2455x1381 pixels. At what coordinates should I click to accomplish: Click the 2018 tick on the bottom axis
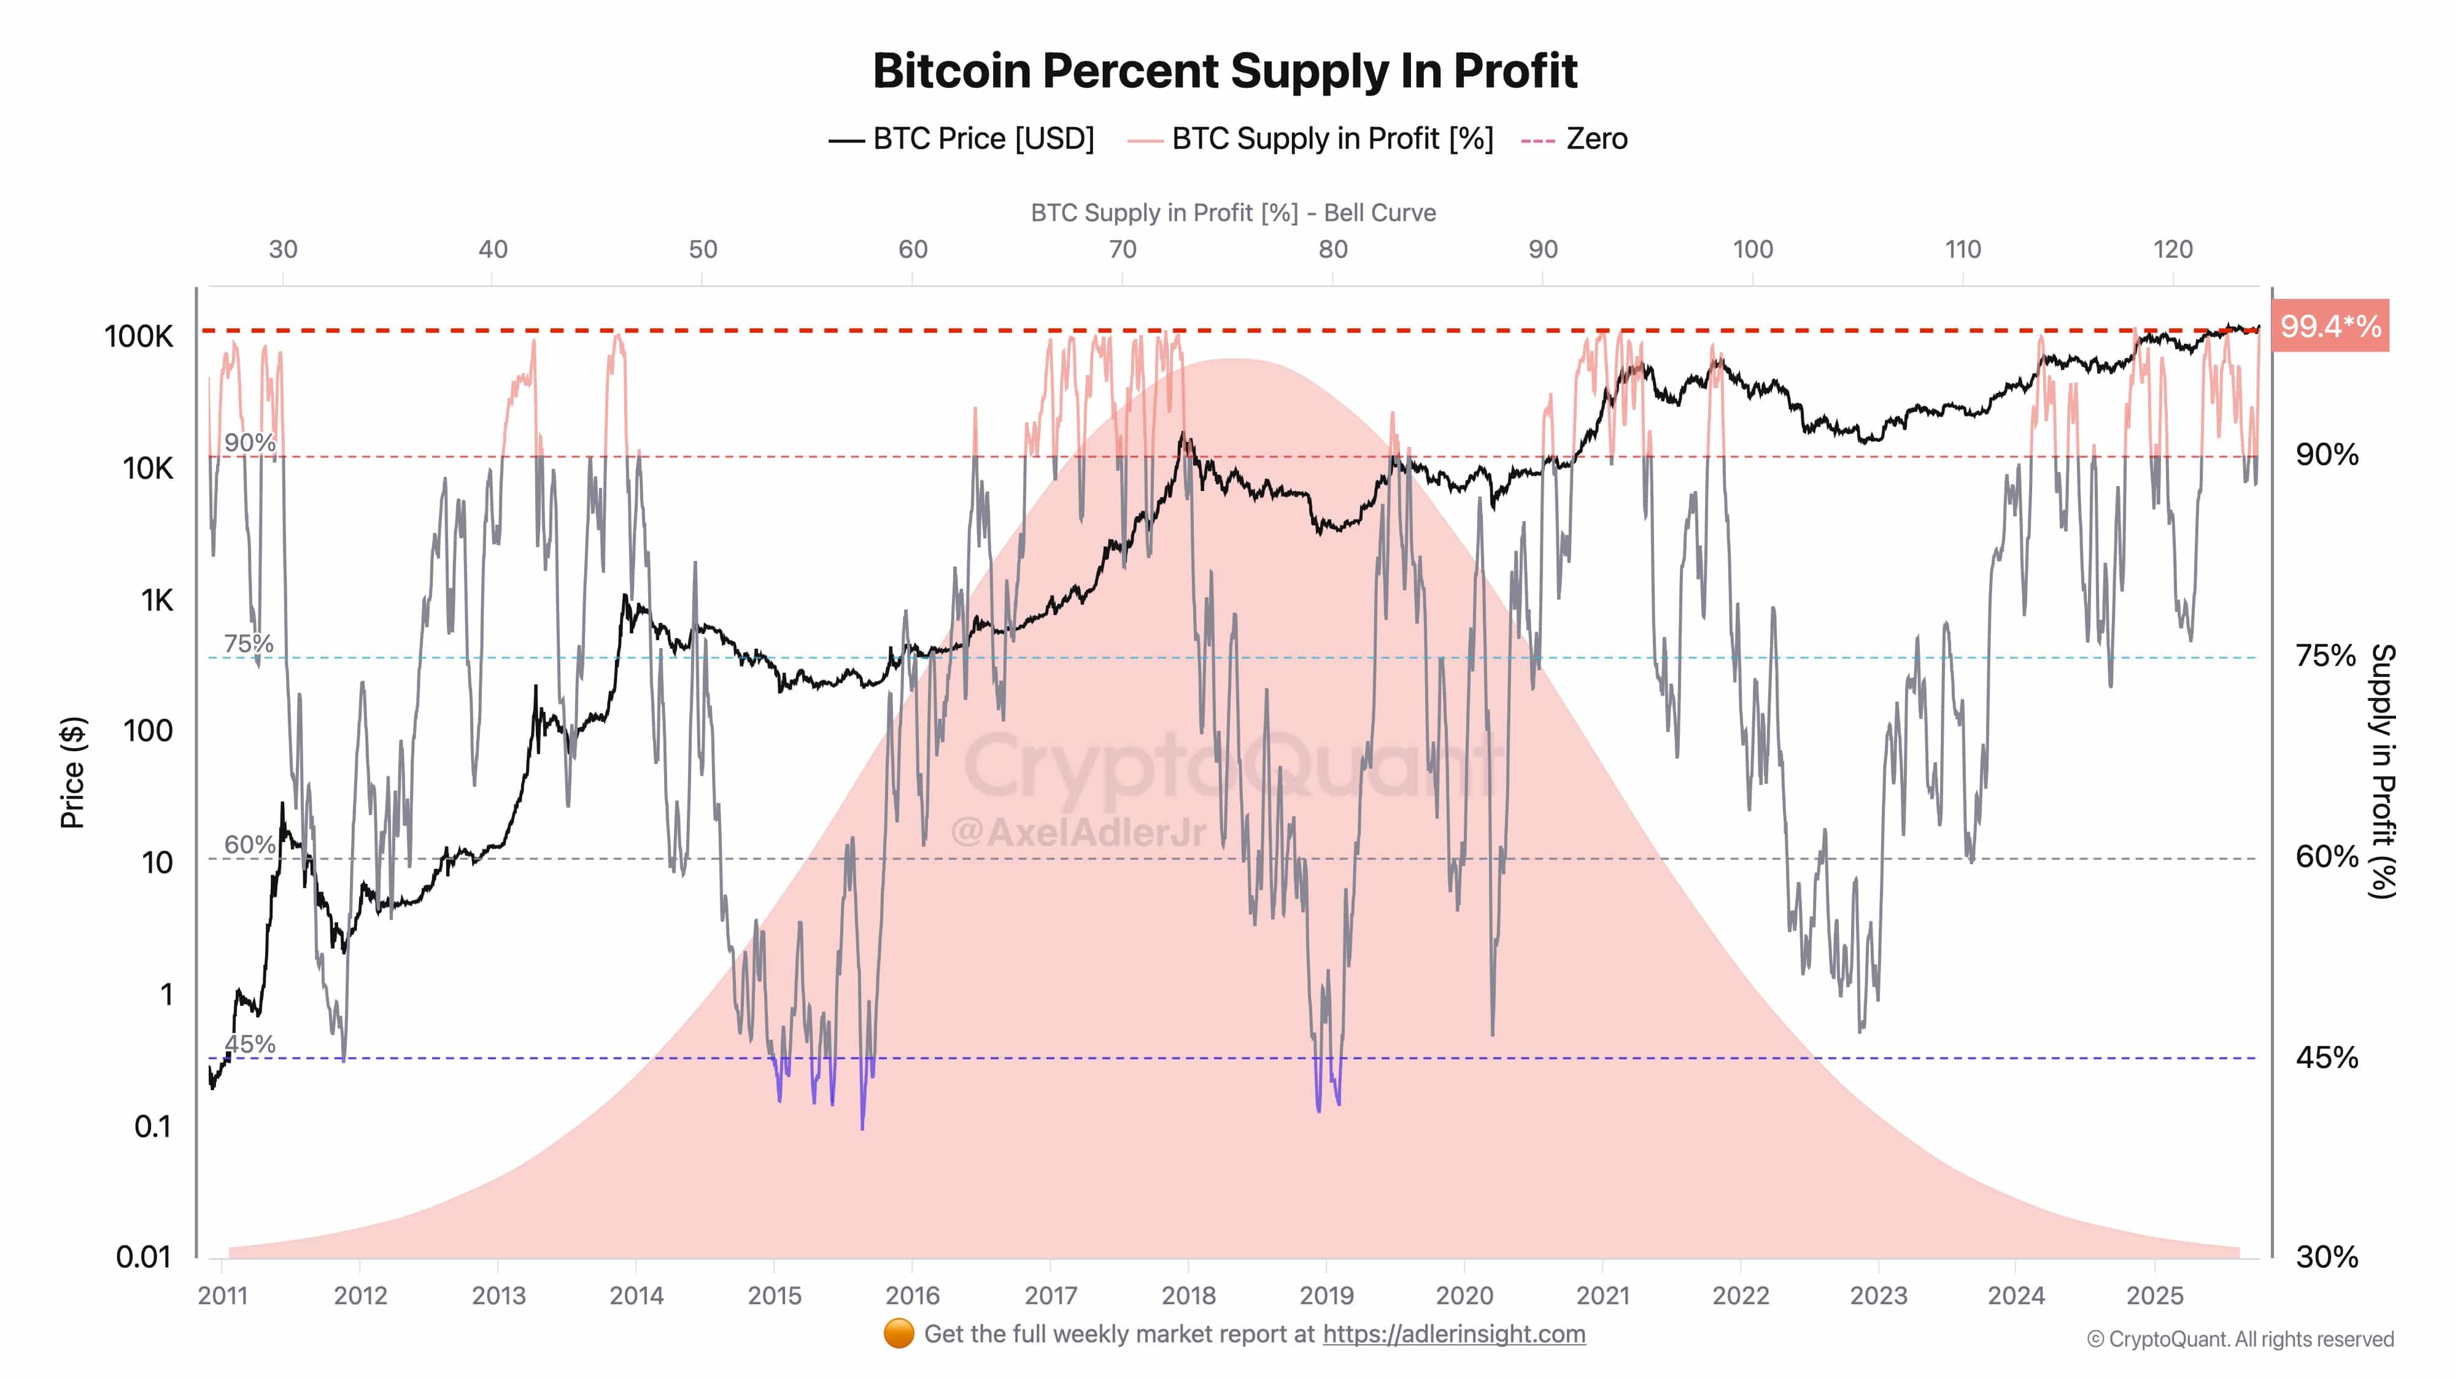point(1188,1295)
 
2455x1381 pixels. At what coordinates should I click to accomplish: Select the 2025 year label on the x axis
point(2155,1295)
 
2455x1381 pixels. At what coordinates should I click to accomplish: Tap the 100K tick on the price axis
point(139,336)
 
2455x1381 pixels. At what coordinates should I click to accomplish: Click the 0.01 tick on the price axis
point(143,1257)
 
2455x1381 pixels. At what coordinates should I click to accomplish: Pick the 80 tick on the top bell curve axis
point(1332,250)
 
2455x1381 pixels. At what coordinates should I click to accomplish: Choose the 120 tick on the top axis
point(2172,250)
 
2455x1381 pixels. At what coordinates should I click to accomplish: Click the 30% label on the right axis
point(2326,1257)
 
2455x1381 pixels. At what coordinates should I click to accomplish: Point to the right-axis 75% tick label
point(2326,656)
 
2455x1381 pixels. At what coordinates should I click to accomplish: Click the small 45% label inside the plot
point(250,1045)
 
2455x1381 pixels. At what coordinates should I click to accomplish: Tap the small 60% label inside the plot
point(250,845)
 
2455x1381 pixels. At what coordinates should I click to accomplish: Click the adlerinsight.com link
point(1453,1334)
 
